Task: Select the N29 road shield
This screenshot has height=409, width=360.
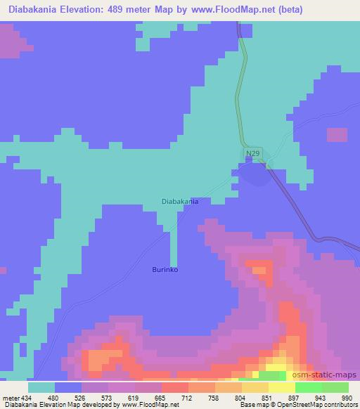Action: pyautogui.click(x=253, y=152)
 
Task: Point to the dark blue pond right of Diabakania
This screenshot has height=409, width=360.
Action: pyautogui.click(x=255, y=176)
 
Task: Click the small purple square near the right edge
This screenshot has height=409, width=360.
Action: pyautogui.click(x=337, y=136)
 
